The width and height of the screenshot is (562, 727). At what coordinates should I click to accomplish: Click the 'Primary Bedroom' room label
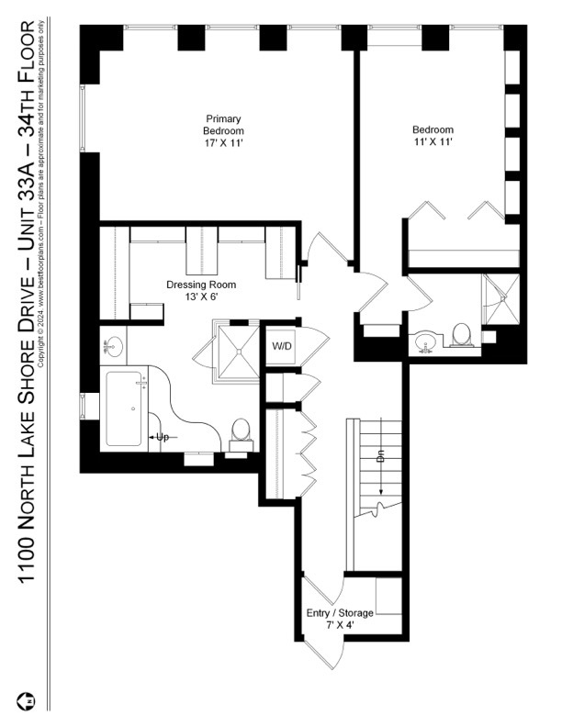tap(223, 125)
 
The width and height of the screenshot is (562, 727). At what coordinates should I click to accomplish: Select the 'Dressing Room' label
tap(192, 285)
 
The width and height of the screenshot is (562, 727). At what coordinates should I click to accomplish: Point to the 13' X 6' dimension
tap(192, 296)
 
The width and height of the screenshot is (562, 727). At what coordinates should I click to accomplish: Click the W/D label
tap(281, 346)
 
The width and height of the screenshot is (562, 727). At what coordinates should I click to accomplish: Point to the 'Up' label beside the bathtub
tap(163, 437)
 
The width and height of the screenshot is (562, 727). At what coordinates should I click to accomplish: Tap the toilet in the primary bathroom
tap(241, 432)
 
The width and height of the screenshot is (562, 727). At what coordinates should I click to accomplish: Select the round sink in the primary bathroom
tap(114, 346)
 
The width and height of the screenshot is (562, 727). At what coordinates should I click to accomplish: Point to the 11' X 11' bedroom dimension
tap(432, 143)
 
